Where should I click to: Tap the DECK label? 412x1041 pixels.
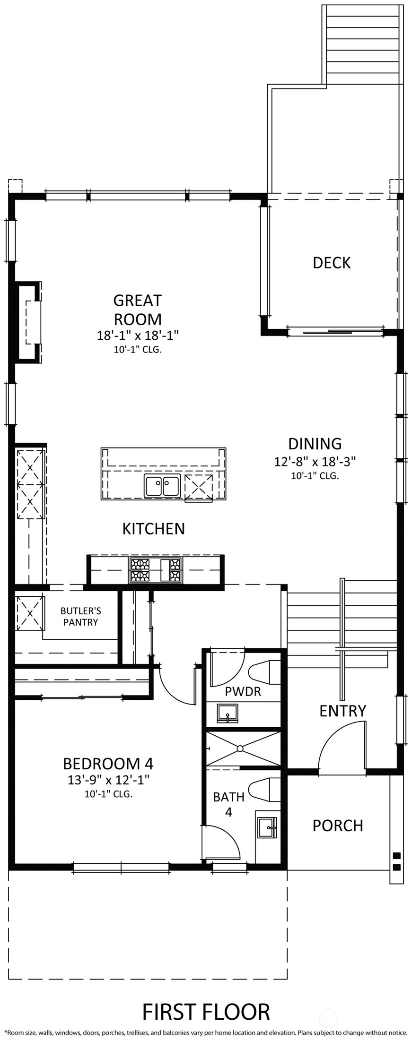(x=332, y=263)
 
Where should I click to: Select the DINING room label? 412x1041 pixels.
(x=315, y=444)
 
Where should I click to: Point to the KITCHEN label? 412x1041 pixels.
(x=154, y=528)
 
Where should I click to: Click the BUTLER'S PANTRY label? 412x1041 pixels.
(x=81, y=616)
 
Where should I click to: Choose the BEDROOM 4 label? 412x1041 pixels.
(x=108, y=763)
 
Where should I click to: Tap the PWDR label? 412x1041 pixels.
(x=243, y=692)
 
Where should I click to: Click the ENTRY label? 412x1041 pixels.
(x=343, y=711)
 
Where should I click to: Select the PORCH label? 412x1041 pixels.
(x=338, y=826)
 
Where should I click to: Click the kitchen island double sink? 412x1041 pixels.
(x=162, y=486)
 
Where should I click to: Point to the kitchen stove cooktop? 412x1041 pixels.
(x=156, y=570)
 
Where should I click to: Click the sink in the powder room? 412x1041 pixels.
(x=228, y=713)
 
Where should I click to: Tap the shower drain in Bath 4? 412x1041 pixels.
(x=240, y=748)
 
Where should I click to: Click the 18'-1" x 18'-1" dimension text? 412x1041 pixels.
(x=138, y=336)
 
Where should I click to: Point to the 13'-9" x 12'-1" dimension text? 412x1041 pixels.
(x=108, y=780)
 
